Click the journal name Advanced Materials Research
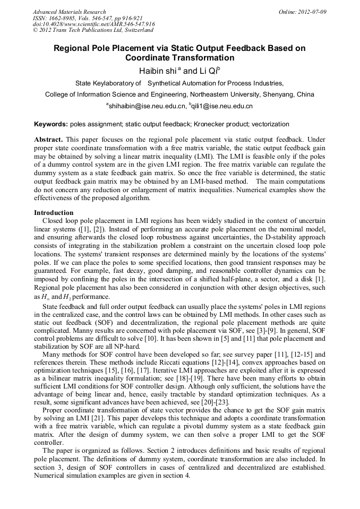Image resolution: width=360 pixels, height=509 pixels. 69,12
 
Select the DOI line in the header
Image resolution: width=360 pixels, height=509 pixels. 93,24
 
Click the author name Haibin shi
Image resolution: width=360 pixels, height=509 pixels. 158,71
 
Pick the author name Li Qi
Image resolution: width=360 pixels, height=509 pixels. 210,71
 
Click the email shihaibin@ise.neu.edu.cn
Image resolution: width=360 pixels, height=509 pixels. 148,106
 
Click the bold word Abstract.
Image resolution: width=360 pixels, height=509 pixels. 46,139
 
